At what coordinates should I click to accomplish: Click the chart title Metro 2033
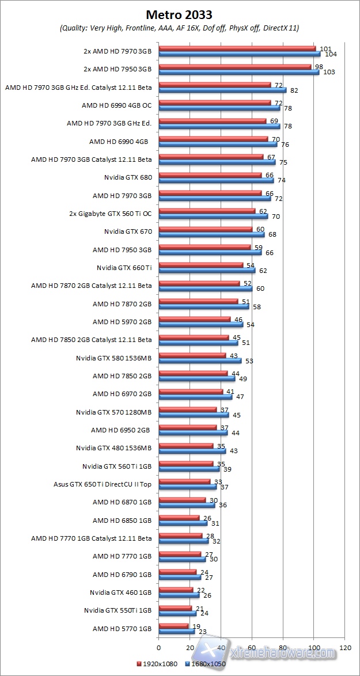[x=180, y=14]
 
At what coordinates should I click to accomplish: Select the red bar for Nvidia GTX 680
[x=210, y=174]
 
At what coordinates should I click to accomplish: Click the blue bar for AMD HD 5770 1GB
[x=176, y=631]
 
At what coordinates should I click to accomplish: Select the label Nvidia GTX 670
[x=128, y=232]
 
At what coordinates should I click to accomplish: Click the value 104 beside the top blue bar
[x=331, y=54]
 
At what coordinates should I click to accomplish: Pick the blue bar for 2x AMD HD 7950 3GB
[x=239, y=73]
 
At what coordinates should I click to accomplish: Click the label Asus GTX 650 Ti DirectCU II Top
[x=103, y=484]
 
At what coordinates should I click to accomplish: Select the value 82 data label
[x=294, y=90]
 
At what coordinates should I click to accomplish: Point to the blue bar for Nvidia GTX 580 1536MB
[x=200, y=360]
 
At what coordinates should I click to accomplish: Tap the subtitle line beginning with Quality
[x=180, y=28]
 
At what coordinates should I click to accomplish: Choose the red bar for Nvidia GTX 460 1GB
[x=176, y=589]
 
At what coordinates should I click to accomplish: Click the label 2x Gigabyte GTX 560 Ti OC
[x=111, y=214]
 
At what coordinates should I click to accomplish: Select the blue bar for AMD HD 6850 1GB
[x=183, y=523]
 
